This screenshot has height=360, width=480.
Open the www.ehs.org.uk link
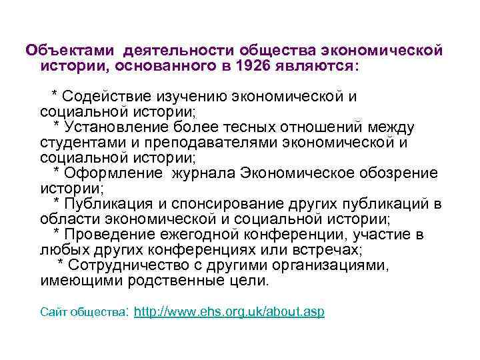coord(229,311)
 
